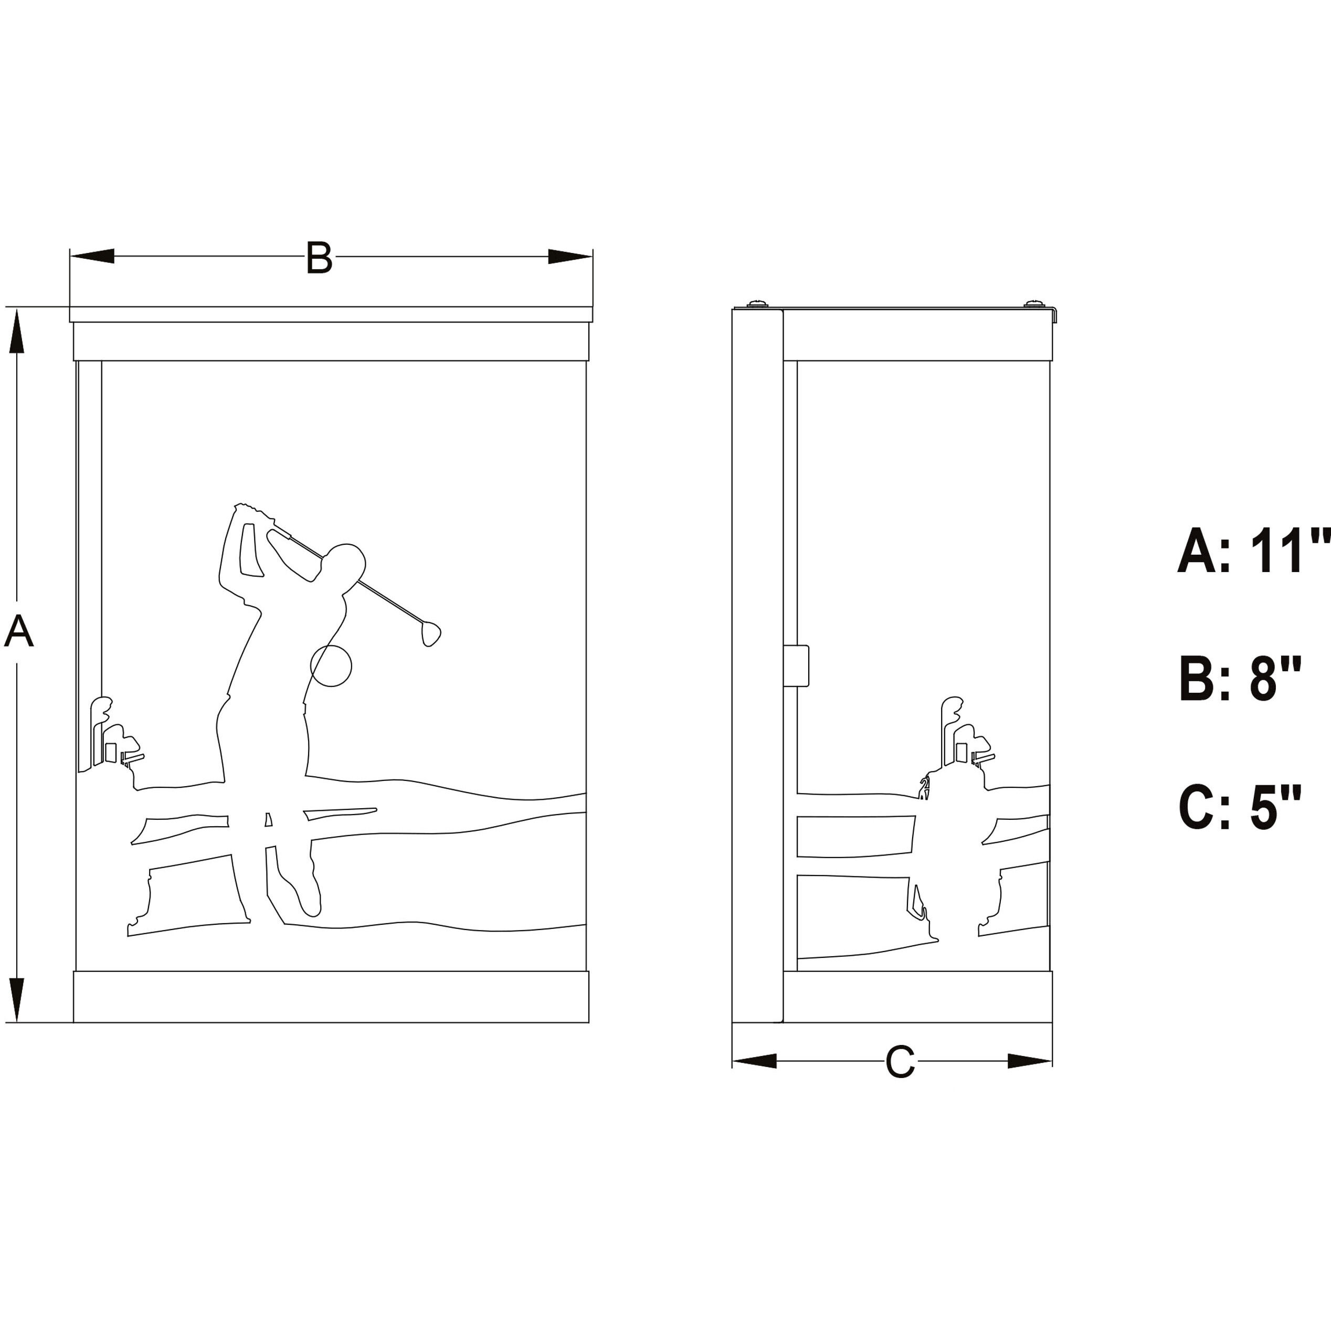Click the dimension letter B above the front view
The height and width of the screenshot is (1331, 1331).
pos(319,257)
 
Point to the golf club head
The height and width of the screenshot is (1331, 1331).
pos(430,633)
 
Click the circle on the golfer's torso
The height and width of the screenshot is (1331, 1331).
pos(331,665)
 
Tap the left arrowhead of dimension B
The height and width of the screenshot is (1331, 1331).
pos(92,256)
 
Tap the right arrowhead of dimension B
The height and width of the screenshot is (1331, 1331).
pos(570,256)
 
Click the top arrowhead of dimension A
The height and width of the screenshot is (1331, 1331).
pos(17,331)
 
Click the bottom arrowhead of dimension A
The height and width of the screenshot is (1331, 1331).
pos(17,1000)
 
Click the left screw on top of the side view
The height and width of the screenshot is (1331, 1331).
pos(757,303)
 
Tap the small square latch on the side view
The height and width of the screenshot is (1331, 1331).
pos(796,665)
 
